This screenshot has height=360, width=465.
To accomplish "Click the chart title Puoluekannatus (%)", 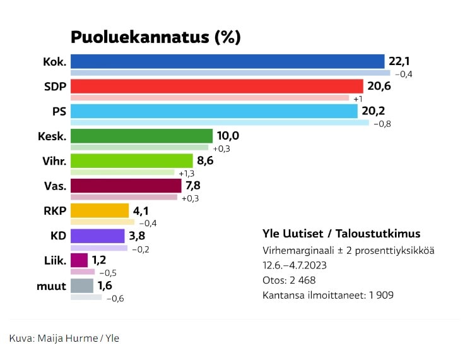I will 155,37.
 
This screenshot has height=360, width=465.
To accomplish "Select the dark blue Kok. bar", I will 227,61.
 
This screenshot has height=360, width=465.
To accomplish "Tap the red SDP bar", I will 216,86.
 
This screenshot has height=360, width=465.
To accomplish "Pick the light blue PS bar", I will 214,111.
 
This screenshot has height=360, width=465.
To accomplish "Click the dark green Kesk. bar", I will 141,136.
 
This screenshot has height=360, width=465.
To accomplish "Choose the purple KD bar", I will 97,236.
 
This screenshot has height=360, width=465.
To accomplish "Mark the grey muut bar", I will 82,285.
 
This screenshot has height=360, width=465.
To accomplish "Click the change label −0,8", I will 382,123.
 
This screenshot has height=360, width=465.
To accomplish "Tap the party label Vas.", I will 55,186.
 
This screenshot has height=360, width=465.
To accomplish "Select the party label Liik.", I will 55,260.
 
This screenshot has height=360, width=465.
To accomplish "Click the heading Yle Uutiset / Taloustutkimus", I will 341,234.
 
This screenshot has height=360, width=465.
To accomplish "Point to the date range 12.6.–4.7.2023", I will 300,265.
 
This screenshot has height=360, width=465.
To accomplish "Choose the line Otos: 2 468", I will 289,280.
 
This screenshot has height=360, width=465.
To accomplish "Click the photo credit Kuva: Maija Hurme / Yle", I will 64,338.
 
